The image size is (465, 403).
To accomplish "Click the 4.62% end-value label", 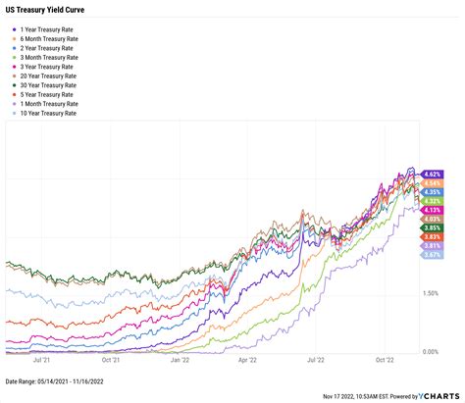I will (x=434, y=174).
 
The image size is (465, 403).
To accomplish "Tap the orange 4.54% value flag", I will (x=434, y=183).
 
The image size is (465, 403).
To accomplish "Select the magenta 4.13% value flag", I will (x=434, y=209).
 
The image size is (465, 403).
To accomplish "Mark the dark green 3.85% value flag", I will (x=434, y=227).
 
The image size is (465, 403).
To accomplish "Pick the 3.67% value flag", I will (x=434, y=255).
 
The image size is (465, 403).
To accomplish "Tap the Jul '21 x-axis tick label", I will (x=42, y=361).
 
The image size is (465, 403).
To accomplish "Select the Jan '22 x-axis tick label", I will (x=180, y=361).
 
